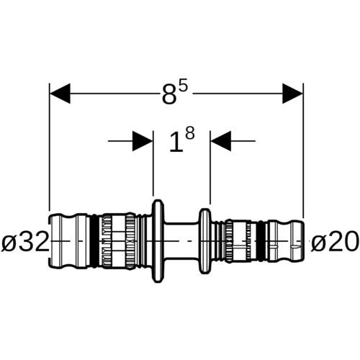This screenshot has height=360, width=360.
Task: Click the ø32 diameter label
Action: click(24, 240)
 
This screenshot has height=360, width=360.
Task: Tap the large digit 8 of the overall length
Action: click(169, 95)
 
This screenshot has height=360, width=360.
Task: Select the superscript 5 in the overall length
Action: click(182, 88)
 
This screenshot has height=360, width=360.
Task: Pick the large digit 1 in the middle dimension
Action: click(176, 143)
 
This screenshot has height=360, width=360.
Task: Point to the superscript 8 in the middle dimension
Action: click(189, 134)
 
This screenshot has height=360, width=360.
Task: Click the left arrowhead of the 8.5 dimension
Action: click(60, 94)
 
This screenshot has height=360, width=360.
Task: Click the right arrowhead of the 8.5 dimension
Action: click(293, 94)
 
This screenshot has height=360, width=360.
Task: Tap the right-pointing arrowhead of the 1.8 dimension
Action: click(143, 141)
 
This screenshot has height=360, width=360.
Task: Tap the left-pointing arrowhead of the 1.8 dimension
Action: click(221, 141)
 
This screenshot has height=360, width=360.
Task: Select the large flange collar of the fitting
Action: click(158, 241)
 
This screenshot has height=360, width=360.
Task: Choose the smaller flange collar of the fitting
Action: click(205, 241)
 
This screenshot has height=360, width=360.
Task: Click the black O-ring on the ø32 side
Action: click(95, 241)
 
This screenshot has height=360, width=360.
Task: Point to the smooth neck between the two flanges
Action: click(182, 241)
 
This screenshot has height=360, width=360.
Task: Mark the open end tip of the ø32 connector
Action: click(49, 241)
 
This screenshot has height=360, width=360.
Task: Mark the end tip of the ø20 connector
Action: click(303, 241)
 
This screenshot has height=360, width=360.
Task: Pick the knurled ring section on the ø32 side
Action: click(117, 241)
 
